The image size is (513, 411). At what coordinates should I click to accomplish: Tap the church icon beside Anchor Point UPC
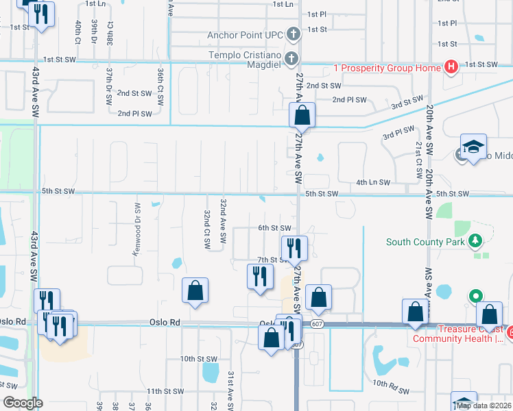(x=293, y=34)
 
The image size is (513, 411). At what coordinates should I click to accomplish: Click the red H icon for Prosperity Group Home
(x=451, y=66)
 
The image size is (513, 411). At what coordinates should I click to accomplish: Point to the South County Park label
(x=425, y=241)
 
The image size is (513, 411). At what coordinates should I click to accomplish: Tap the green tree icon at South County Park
(x=475, y=241)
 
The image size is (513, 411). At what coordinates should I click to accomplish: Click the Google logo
(x=23, y=402)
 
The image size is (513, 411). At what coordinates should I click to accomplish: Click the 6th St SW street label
(x=274, y=228)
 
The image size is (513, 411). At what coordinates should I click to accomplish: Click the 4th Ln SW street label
(x=373, y=182)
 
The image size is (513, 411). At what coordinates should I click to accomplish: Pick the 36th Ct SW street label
(x=160, y=86)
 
